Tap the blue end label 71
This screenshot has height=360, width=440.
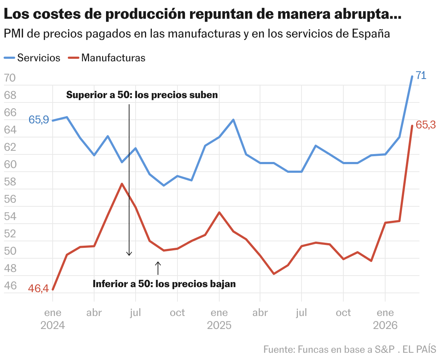[x=421, y=75]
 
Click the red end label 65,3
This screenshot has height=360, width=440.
[x=426, y=125]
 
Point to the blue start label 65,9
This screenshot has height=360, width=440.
[x=39, y=120]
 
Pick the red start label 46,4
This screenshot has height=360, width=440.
[x=39, y=289]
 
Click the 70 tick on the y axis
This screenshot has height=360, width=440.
[x=10, y=78]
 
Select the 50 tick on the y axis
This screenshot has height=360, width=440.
[x=10, y=251]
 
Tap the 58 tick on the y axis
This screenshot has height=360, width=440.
[x=10, y=182]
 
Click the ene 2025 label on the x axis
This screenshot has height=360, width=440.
[x=219, y=319]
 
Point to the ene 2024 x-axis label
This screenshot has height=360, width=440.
[x=53, y=319]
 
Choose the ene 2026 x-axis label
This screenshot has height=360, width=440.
[x=385, y=319]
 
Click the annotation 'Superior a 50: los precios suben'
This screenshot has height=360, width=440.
[x=142, y=95]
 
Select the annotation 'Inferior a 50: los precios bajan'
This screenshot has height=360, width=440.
[x=164, y=284]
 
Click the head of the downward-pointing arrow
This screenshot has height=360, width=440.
[x=129, y=254]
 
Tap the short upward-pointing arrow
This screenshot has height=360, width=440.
[x=158, y=268]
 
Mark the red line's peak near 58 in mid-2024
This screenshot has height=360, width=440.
[x=122, y=184]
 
